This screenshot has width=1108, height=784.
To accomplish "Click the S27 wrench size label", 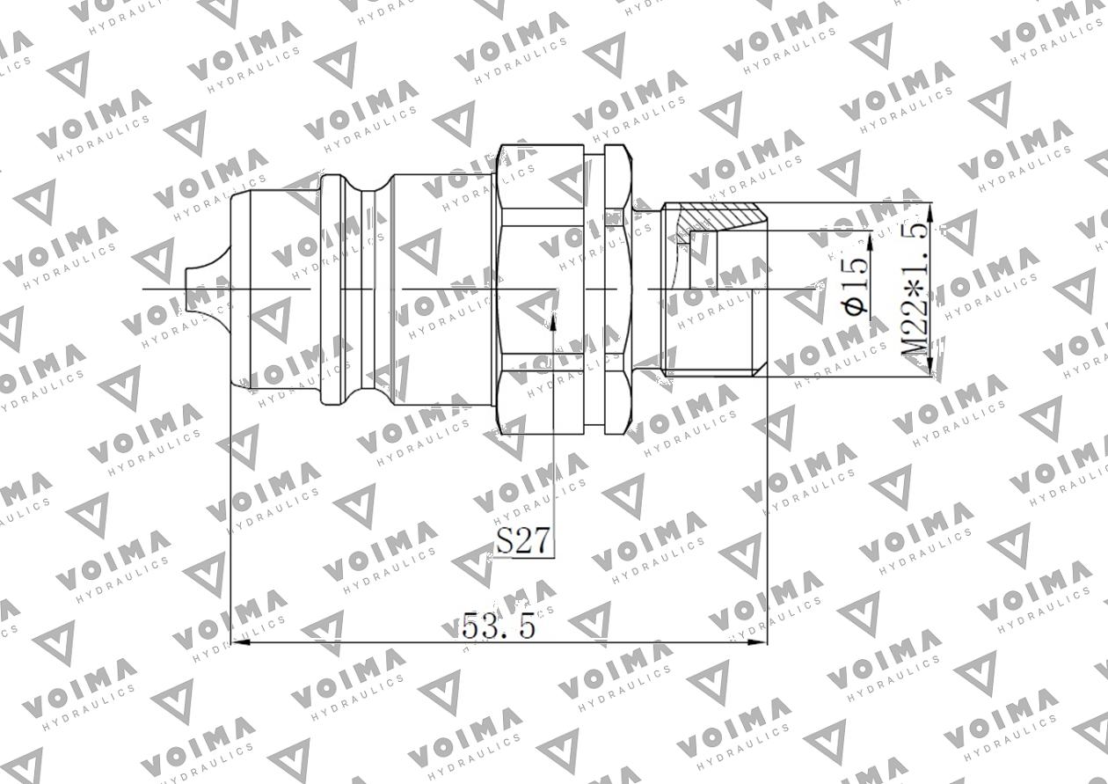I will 524,540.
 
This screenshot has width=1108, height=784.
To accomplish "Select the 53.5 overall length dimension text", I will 499,626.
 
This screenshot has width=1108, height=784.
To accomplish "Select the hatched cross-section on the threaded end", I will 712,213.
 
